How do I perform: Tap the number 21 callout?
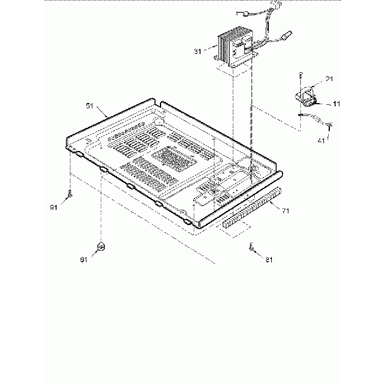click(x=329, y=79)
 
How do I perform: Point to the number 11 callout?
click(x=336, y=104)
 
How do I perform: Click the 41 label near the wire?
click(x=320, y=142)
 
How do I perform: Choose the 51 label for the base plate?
click(x=90, y=106)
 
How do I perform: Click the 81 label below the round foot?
click(x=84, y=259)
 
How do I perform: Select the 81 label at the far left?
click(x=53, y=207)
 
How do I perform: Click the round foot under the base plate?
click(x=101, y=246)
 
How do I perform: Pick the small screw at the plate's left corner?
click(x=70, y=193)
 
